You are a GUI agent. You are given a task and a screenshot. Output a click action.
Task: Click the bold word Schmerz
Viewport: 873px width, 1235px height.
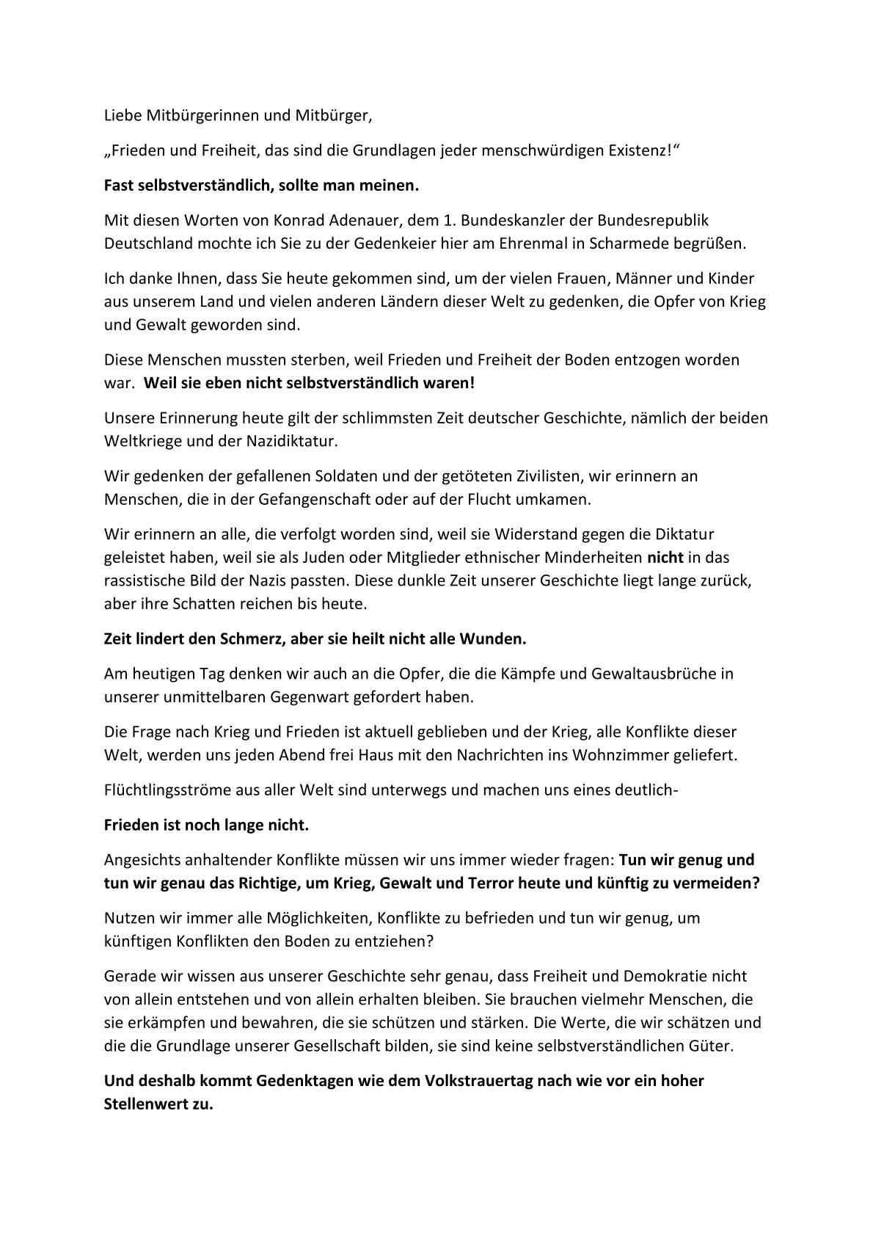[252, 638]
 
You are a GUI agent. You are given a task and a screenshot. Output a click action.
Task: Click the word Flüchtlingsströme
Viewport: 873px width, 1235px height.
[165, 790]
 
